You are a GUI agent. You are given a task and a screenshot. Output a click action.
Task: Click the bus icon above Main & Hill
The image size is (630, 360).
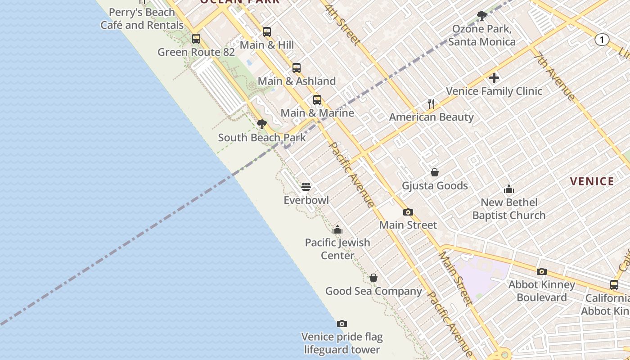coord(267,32)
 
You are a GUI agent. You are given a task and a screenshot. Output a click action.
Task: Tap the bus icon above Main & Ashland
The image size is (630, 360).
coord(296,68)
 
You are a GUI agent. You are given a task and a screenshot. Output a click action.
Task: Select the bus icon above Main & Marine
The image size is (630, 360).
coord(317,100)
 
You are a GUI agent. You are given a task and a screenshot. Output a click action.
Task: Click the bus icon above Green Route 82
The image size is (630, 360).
coord(196,39)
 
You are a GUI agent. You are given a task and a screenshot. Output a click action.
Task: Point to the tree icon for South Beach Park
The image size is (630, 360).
coord(261,124)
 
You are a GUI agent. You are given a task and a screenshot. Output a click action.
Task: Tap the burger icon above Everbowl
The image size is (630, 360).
coord(306,186)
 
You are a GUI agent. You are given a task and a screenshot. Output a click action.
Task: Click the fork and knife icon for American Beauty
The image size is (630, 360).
coord(431,104)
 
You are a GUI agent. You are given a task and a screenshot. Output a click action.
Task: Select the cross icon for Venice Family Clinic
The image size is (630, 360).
coord(494,78)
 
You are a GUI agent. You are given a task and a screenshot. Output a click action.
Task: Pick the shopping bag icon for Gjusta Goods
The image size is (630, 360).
coord(435,172)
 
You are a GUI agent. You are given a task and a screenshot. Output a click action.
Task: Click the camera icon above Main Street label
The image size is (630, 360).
coord(408,212)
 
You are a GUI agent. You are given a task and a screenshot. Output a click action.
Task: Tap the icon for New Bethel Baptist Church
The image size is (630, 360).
coord(509,189)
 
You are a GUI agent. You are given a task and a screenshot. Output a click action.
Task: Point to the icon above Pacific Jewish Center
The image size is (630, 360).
coord(337,229)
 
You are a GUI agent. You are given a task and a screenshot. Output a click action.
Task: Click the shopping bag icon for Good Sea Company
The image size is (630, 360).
coord(373,278)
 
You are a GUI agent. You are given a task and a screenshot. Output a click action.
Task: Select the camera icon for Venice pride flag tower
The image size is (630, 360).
coord(342,324)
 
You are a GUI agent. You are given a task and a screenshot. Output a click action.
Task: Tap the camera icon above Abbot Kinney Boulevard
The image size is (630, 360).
coord(542,271)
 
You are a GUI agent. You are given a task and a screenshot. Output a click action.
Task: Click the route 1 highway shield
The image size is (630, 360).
coord(602,40)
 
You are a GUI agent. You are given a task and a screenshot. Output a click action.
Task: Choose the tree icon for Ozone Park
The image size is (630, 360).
coord(482,16)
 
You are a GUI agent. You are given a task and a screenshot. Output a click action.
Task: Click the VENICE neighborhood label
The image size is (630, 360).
coord(592,181)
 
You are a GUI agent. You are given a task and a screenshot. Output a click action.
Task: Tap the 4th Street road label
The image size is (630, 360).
coord(342,25)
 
